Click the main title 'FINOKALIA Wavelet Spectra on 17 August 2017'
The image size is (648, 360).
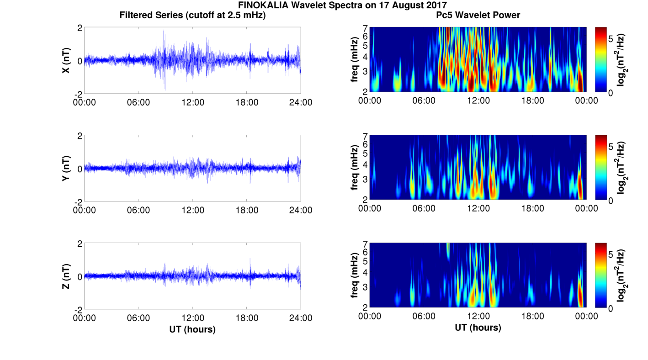coord(343,5)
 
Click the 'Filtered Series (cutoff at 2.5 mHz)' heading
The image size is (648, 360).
coord(192,15)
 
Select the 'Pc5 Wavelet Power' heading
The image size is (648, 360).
coord(478,15)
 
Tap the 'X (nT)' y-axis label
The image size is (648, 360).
coord(66,60)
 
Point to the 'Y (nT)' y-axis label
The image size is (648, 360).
coord(66,168)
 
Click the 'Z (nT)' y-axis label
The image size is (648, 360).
coord(66,276)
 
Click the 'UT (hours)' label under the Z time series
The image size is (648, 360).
coord(192,329)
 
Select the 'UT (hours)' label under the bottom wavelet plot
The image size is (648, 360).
coord(478,327)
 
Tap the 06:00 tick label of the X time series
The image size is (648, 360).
coord(138,102)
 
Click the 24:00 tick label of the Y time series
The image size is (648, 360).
coord(301,210)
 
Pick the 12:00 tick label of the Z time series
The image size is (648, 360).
coord(193,318)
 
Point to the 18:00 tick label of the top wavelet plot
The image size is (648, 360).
coord(532,101)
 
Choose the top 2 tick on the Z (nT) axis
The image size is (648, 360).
coord(80,244)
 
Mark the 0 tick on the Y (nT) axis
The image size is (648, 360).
coord(80,169)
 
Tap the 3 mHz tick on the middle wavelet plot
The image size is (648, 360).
coord(365,180)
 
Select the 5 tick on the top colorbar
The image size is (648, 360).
coord(611,39)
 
